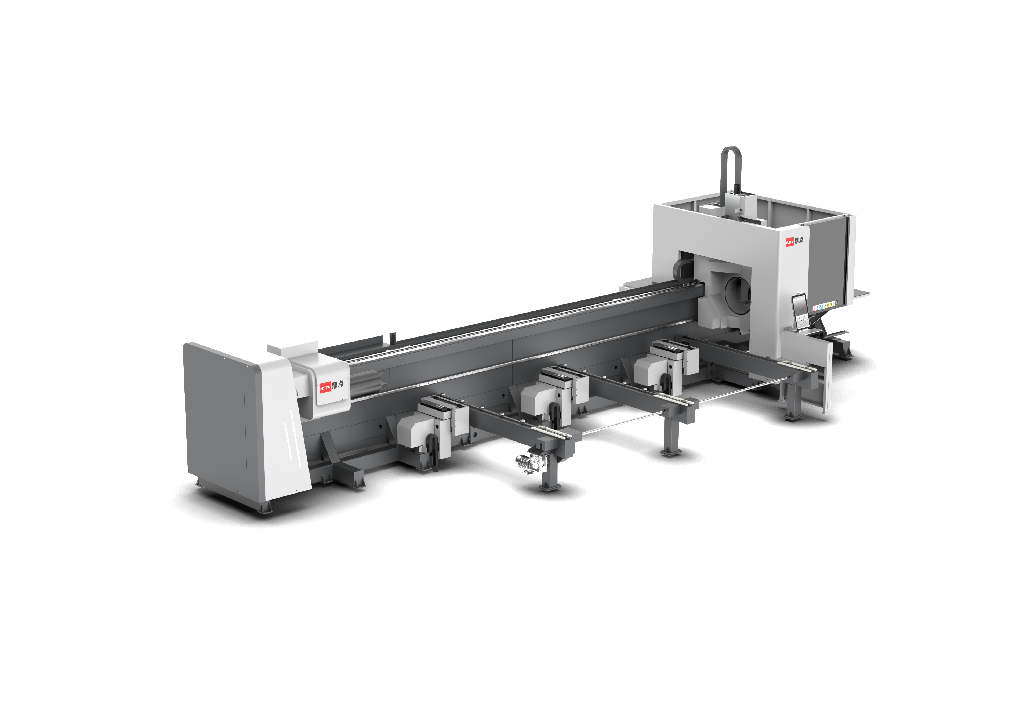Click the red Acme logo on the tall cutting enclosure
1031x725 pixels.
(x=789, y=242)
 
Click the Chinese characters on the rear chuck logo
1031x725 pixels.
(x=338, y=384)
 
